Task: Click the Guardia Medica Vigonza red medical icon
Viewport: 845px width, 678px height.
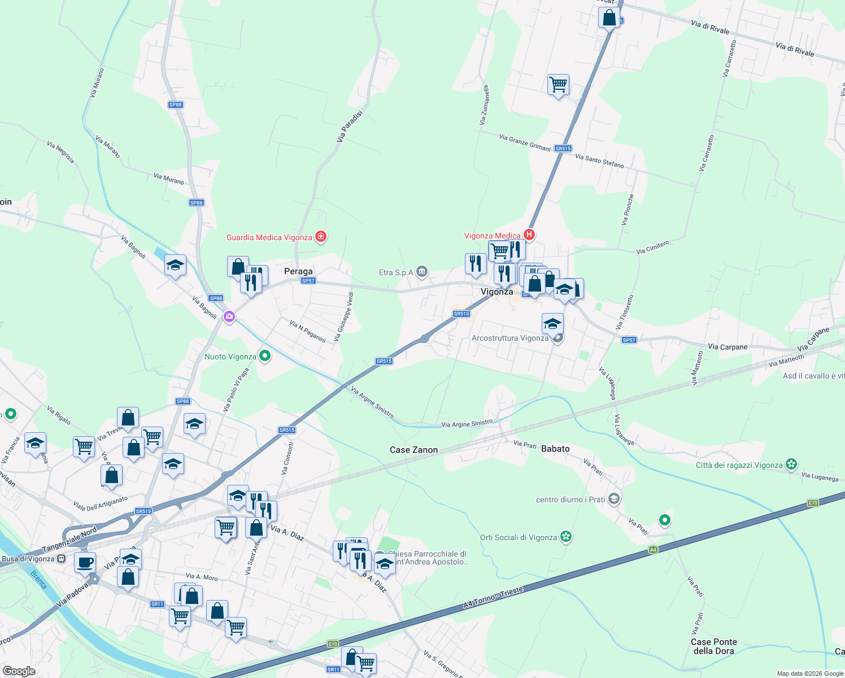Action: (321, 237)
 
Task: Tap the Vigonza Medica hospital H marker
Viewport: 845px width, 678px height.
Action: (529, 234)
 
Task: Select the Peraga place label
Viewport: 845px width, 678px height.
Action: (298, 271)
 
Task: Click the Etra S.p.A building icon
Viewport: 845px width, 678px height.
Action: (422, 272)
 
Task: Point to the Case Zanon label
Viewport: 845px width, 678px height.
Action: (413, 450)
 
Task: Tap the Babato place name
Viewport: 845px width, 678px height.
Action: (555, 449)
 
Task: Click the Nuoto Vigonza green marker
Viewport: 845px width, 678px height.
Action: (264, 356)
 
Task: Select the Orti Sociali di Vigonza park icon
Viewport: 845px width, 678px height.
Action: (566, 537)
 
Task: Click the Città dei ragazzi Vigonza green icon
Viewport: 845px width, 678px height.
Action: (791, 464)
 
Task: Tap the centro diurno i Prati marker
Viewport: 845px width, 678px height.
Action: (615, 499)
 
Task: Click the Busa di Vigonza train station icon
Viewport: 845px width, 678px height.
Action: (62, 559)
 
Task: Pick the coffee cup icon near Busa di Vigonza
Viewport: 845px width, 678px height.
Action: (85, 563)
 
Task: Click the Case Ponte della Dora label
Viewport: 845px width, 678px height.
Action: (714, 646)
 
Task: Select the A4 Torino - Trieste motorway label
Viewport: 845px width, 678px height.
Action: (493, 597)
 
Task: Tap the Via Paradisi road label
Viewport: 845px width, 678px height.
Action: (350, 125)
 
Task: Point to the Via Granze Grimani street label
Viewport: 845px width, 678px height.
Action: (524, 142)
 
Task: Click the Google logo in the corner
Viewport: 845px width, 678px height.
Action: (19, 671)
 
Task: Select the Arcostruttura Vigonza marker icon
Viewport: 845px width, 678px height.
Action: (557, 338)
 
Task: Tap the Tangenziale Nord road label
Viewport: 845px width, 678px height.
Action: (69, 540)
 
